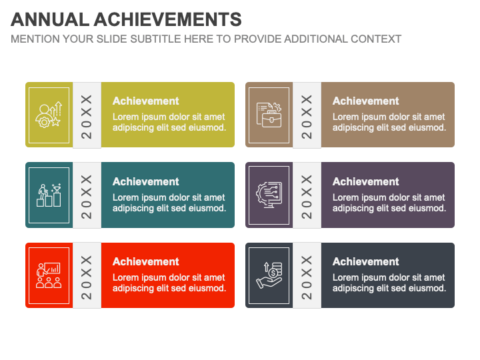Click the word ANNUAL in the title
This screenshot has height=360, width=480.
click(50, 19)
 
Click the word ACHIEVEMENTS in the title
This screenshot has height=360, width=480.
click(168, 19)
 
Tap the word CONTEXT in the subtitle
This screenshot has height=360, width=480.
click(376, 39)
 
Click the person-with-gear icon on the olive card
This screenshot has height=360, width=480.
click(49, 115)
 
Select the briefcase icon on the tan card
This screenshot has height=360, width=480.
click(269, 115)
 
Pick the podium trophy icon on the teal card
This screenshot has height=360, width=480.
click(49, 195)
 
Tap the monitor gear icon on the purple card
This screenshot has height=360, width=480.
click(269, 195)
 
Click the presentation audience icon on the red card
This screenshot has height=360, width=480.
click(49, 275)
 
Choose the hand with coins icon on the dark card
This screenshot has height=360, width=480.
click(269, 275)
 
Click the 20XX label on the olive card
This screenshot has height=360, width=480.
click(87, 117)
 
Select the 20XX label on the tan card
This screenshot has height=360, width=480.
click(307, 117)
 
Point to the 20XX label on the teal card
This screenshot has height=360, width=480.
click(87, 197)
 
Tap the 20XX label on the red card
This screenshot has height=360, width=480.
click(87, 277)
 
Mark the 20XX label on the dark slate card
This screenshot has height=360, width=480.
click(307, 277)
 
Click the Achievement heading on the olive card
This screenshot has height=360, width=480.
click(146, 101)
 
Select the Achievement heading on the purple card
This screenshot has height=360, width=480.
click(366, 181)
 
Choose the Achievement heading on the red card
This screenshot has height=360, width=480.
click(146, 262)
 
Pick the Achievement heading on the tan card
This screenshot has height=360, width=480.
click(366, 101)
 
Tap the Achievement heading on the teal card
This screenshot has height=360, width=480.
click(146, 181)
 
